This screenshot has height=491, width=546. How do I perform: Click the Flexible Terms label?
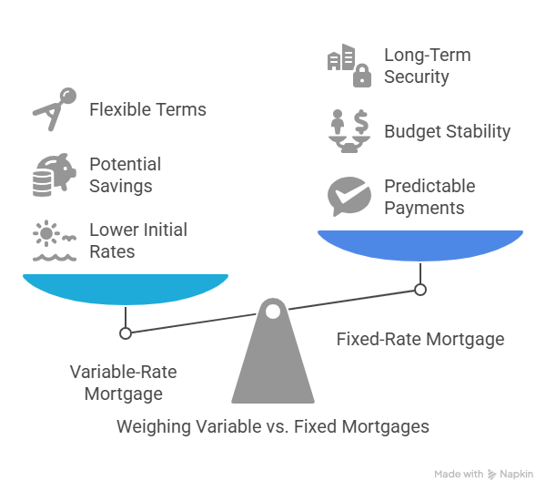[x=147, y=109]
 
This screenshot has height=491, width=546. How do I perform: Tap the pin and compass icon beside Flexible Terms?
[x=55, y=109]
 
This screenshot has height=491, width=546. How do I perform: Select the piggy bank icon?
[x=55, y=175]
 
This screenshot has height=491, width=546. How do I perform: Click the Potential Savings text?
[x=125, y=175]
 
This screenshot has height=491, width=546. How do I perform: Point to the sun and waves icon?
[x=55, y=240]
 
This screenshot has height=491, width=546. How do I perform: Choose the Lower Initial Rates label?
[x=138, y=240]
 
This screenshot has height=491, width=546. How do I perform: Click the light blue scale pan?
[x=126, y=289]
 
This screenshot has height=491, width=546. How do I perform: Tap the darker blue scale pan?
[x=420, y=245]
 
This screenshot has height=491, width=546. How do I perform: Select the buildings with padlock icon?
[x=349, y=66]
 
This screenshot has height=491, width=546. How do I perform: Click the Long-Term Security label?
[x=428, y=66]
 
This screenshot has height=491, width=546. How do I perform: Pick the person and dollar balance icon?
[x=349, y=131]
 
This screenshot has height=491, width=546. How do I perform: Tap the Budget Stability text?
[x=447, y=131]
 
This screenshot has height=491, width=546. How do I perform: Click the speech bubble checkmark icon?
[x=349, y=196]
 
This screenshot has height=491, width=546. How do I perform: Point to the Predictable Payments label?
[x=430, y=197]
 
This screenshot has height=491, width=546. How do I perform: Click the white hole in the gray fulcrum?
[x=273, y=312]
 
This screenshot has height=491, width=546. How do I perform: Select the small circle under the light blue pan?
[x=126, y=333]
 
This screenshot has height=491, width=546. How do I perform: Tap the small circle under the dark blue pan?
[x=420, y=290]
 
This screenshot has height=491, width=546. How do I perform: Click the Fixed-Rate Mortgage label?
[x=420, y=339]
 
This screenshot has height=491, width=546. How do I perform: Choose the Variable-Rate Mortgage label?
[x=123, y=383]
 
